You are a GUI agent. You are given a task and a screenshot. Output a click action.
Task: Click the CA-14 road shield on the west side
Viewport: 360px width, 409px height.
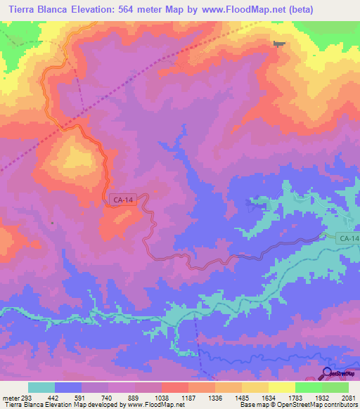tap(122, 200)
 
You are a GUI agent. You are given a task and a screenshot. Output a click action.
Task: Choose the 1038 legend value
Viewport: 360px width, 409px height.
tap(161, 398)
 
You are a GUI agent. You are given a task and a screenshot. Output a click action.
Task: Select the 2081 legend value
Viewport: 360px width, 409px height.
tap(347, 398)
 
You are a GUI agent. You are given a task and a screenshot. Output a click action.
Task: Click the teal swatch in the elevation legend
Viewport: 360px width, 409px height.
tap(41, 387)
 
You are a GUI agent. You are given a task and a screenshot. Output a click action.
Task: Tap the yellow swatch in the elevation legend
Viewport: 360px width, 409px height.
tap(281, 387)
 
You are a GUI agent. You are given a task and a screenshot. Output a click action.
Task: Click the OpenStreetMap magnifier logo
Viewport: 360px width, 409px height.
tap(328, 373)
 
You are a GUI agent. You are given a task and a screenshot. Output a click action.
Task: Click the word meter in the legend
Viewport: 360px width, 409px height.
tap(9, 398)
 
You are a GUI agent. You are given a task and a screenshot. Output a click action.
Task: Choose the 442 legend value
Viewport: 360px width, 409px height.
tap(55, 398)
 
